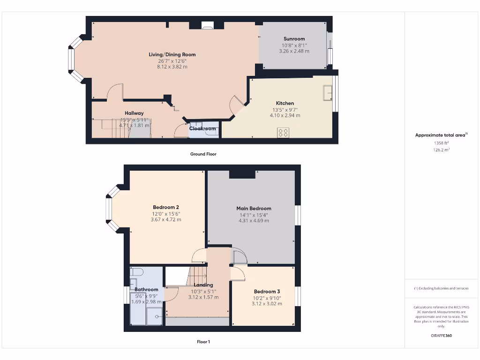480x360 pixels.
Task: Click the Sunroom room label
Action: [x=294, y=39]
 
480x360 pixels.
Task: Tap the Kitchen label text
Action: [x=285, y=103]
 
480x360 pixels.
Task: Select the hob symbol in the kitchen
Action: [x=283, y=133]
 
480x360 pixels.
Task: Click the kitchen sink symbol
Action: [x=328, y=93]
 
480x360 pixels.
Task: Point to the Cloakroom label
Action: [x=202, y=128]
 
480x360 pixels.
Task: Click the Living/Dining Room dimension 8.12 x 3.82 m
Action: [x=172, y=67]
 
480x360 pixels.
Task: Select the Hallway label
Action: [x=134, y=113]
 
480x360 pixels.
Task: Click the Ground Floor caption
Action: [x=203, y=154]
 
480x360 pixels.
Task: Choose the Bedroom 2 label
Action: [x=166, y=207]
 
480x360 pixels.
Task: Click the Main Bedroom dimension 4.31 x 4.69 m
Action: [x=254, y=221]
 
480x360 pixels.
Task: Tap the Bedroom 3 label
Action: [x=267, y=292]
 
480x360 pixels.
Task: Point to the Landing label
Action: [x=203, y=285]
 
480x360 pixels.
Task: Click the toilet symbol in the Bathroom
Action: [x=137, y=271]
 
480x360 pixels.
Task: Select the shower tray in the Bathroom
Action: [x=154, y=316]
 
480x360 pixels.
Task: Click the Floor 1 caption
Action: [x=203, y=342]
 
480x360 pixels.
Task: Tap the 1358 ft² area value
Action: [x=441, y=143]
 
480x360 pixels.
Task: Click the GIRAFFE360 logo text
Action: [x=441, y=336]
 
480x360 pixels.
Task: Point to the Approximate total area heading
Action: [x=440, y=135]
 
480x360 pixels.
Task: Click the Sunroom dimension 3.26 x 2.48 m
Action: [x=294, y=51]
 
